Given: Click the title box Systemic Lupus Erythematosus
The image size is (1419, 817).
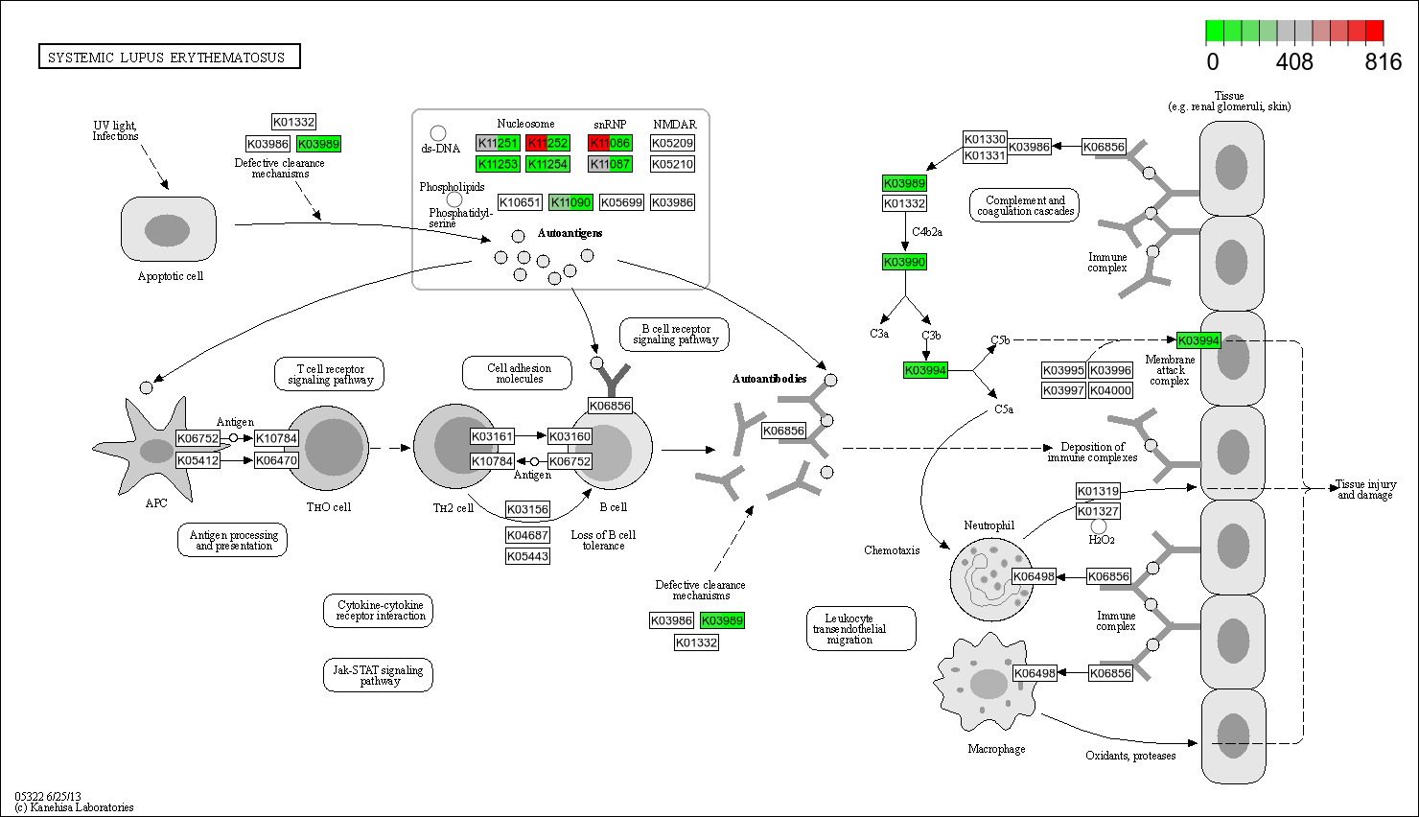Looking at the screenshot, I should pos(169,57).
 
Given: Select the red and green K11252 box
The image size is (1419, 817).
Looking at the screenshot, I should pos(547,143).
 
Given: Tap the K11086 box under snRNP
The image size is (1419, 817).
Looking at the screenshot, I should pos(610,143).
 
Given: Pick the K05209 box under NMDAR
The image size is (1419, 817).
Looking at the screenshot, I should pos(672,143).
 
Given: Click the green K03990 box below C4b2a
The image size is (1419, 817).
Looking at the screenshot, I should pos(904,262).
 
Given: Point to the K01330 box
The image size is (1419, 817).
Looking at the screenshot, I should pos(985,139).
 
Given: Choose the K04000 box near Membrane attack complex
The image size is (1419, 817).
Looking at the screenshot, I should pos(1110,390).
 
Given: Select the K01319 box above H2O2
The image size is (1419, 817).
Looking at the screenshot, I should pos(1098,491).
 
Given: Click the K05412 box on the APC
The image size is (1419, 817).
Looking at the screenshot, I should pos(198,460).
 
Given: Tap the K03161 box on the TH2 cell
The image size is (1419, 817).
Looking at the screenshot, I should pos(492,436).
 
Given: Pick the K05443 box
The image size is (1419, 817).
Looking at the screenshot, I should pos(527,556).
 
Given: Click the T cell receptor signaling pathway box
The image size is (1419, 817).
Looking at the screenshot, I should pos(330,374).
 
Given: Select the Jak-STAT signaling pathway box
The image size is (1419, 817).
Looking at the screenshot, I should pos(378,675).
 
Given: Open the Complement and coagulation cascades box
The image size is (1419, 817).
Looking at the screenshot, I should pos(1025,205).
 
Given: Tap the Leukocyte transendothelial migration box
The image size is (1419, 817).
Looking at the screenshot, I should pos(849,629).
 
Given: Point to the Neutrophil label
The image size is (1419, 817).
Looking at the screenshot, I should pos(989,525).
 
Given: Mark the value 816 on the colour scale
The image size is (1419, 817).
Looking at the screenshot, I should pos(1383,62).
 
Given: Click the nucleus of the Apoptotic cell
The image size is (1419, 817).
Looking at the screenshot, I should pos(167,230).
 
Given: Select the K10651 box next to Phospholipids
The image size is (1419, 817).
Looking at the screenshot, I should pos(520,202).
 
